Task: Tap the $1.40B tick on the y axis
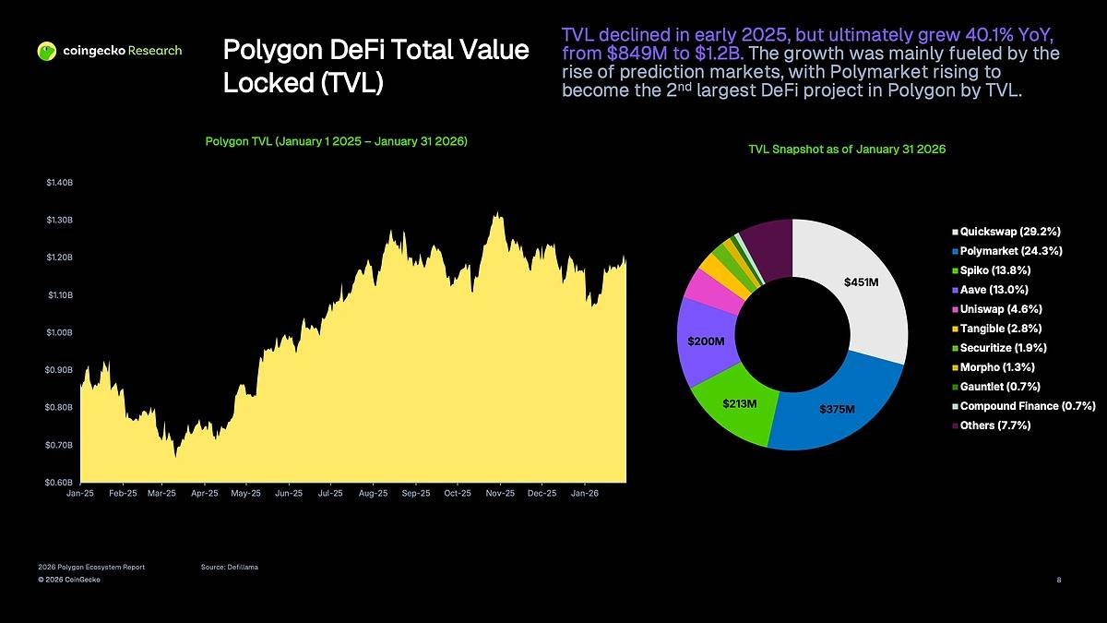[x=59, y=183]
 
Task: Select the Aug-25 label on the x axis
[x=373, y=494]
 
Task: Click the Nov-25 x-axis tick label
[x=499, y=494]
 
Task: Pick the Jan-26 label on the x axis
[x=585, y=494]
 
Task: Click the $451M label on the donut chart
[x=861, y=282]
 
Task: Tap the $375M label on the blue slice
[x=837, y=409]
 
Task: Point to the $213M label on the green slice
[x=739, y=403]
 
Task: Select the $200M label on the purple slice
[x=706, y=341]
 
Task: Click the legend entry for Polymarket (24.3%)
[x=1010, y=251]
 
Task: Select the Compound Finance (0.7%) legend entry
[x=1026, y=406]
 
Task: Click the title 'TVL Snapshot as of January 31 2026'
[x=847, y=150]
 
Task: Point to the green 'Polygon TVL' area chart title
[x=336, y=142]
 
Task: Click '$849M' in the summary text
[x=630, y=53]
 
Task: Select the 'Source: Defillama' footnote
[x=229, y=567]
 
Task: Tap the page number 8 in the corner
[x=1058, y=580]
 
